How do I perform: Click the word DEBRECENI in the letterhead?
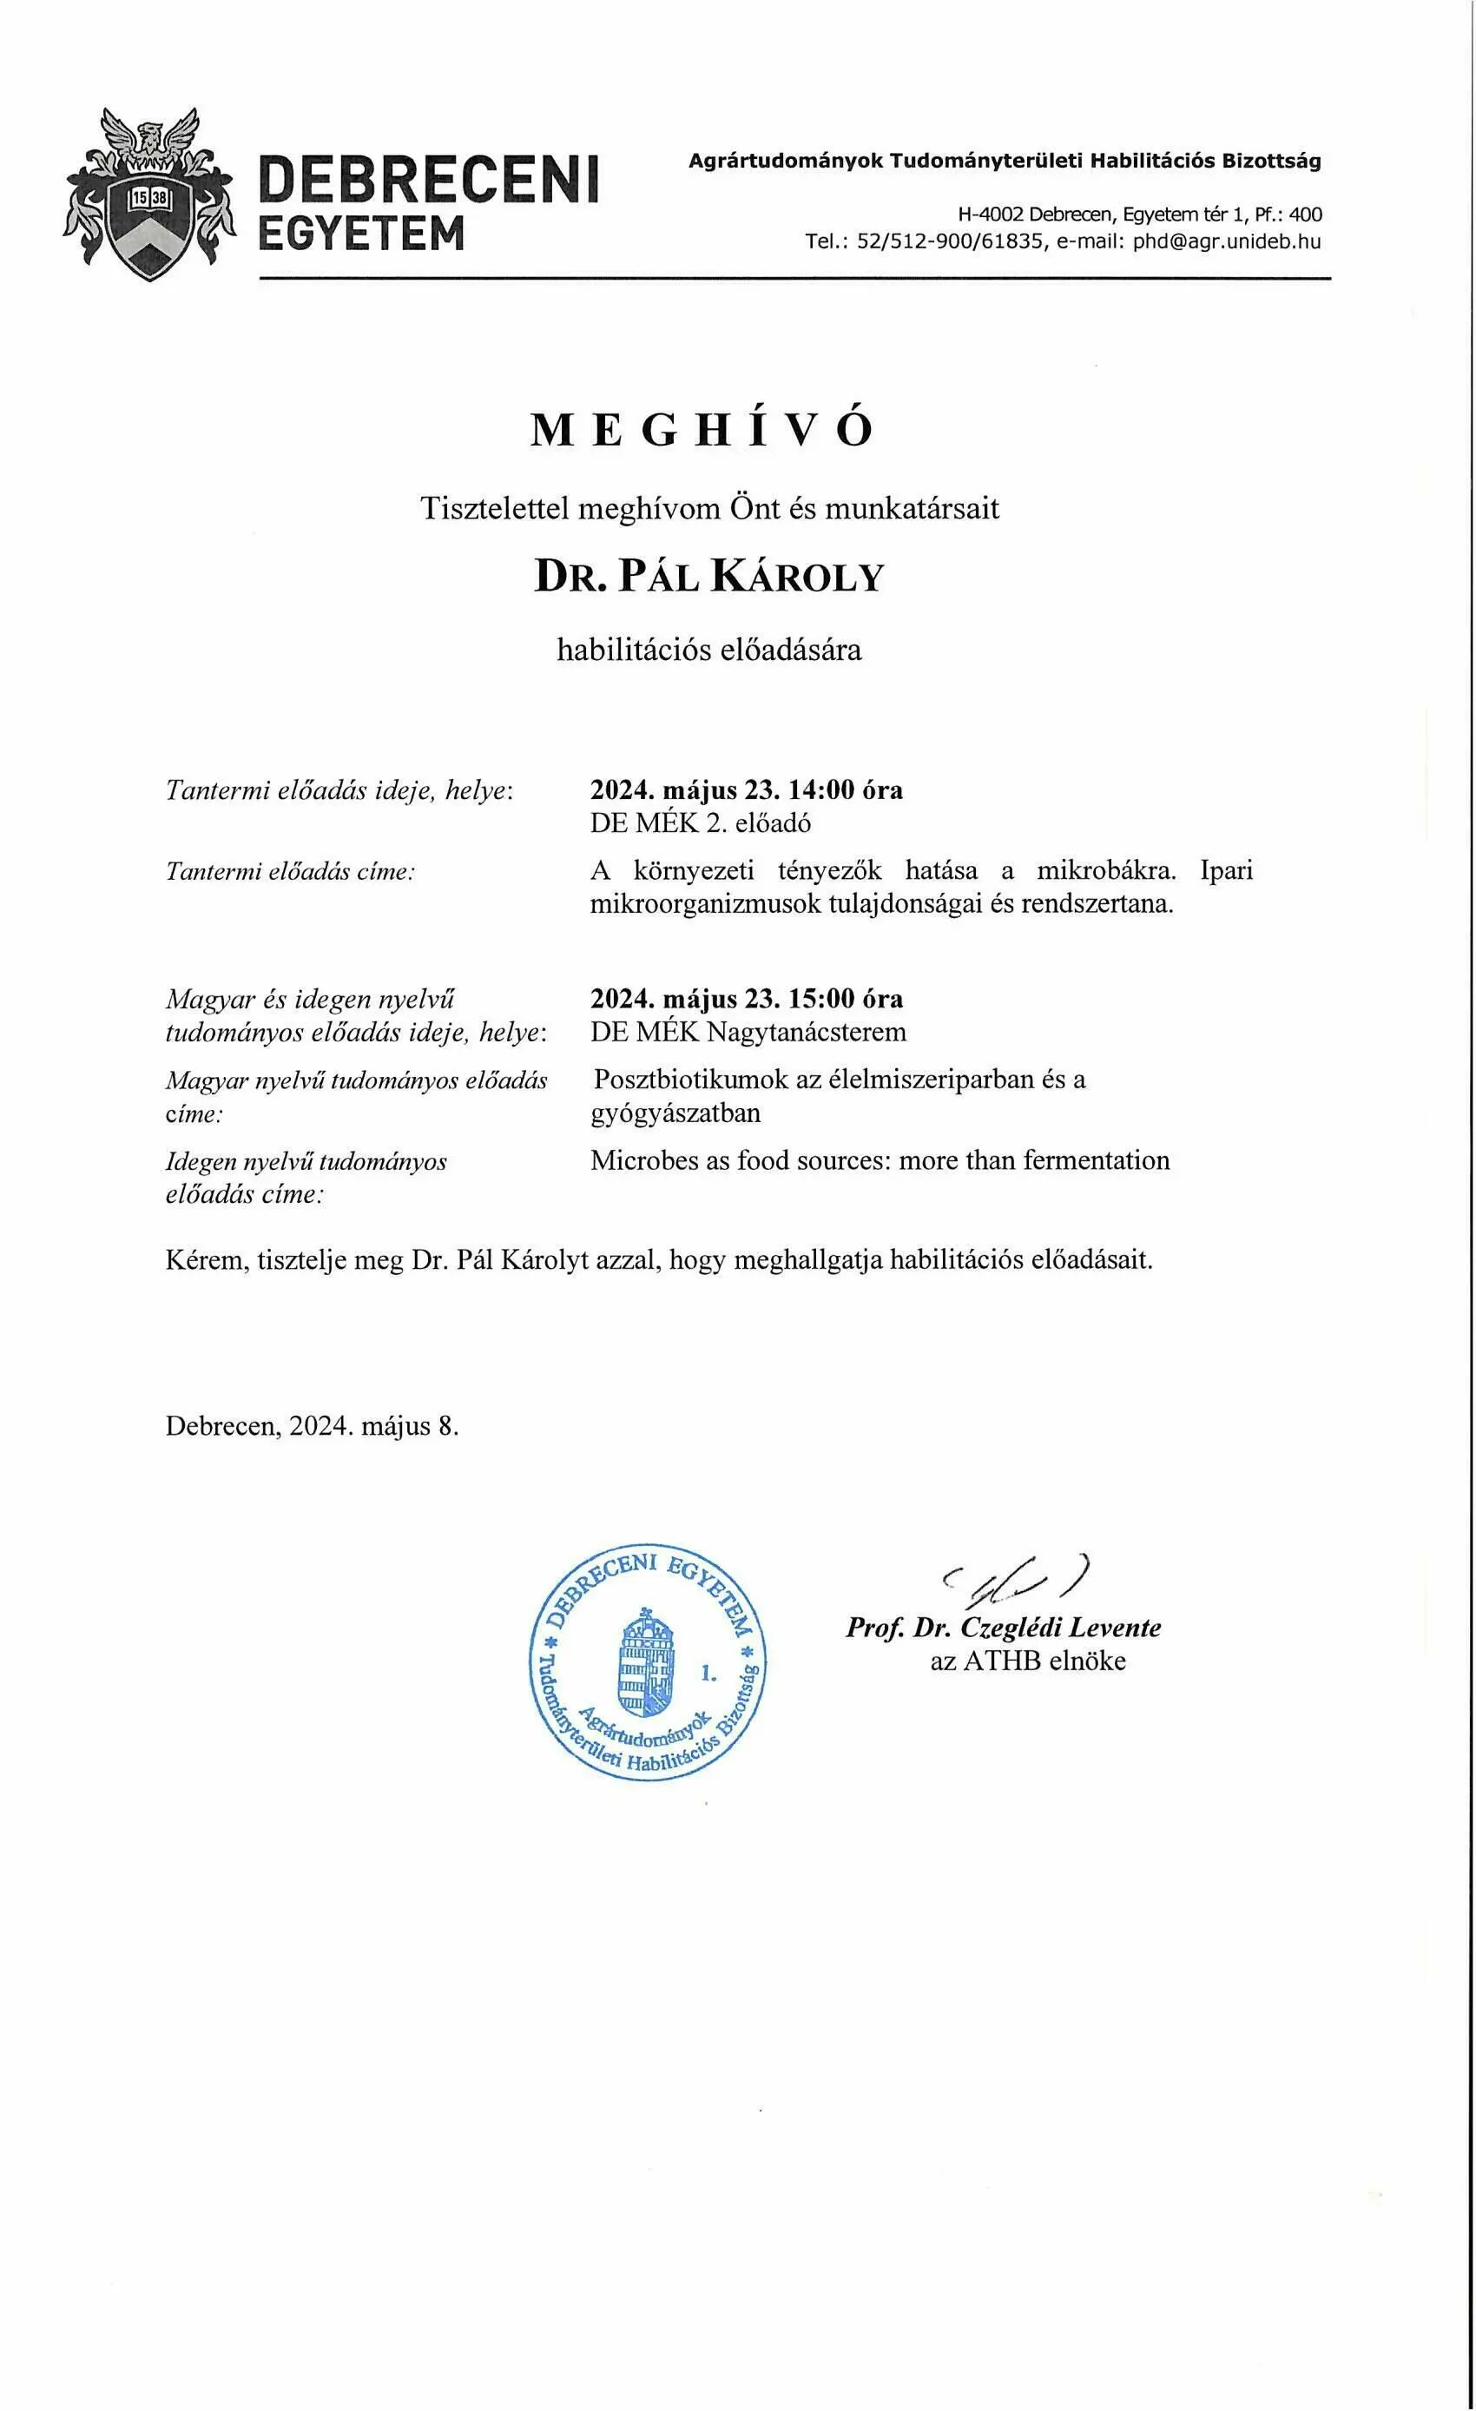pos(428,181)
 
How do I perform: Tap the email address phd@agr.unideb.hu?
pos(1227,241)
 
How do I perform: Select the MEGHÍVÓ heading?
pos(702,431)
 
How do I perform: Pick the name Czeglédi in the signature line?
pos(1010,1628)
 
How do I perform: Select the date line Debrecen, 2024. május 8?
pos(312,1425)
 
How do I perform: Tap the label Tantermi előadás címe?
pos(291,871)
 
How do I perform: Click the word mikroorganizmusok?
pos(705,903)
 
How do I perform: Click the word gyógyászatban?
pos(675,1113)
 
